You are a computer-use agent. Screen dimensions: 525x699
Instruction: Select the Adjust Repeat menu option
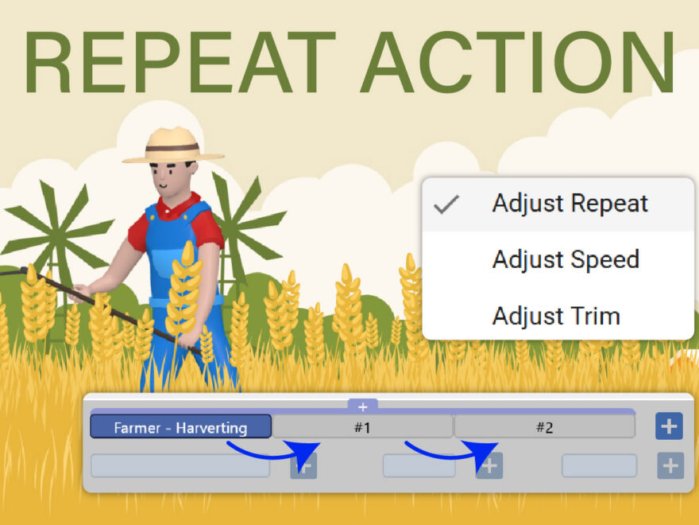570,204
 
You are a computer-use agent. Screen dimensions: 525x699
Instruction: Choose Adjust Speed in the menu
565,259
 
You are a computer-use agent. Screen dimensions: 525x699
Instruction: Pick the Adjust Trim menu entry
555,316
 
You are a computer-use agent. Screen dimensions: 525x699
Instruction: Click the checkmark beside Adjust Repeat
447,204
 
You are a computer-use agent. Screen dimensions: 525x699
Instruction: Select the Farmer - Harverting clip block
180,427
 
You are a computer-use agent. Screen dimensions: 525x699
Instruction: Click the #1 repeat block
362,427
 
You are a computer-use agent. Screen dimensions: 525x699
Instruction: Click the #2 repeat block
544,427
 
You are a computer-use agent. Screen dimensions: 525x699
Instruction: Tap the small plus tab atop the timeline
363,406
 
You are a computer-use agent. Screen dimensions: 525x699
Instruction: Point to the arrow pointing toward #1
274,454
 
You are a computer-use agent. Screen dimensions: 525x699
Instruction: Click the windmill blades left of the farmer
56,227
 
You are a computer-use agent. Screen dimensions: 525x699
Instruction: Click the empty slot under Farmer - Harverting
180,465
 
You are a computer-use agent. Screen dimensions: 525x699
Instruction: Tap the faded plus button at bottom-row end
669,465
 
